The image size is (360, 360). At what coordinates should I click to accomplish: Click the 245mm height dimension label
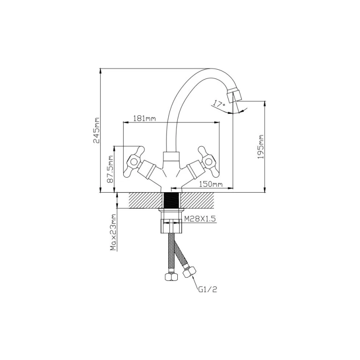(x=97, y=130)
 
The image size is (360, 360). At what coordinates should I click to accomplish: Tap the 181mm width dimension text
(x=144, y=118)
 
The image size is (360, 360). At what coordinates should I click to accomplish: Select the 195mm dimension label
(x=261, y=147)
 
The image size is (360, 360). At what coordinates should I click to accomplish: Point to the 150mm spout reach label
(x=211, y=184)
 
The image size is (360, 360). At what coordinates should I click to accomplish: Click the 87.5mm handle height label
(x=110, y=169)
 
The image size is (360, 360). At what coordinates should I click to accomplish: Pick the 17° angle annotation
(x=219, y=104)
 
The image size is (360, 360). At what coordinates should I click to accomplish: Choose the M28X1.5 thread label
(x=200, y=219)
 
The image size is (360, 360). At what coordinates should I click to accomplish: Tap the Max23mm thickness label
(x=113, y=232)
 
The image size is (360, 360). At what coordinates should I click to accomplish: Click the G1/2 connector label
(x=207, y=289)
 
